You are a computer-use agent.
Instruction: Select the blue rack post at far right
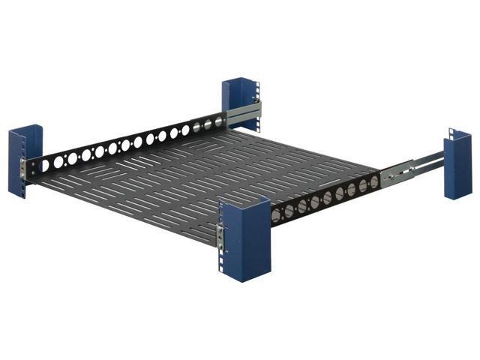[457, 164]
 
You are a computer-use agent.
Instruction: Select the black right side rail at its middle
[327, 198]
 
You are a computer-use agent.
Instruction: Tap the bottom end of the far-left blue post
[25, 197]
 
